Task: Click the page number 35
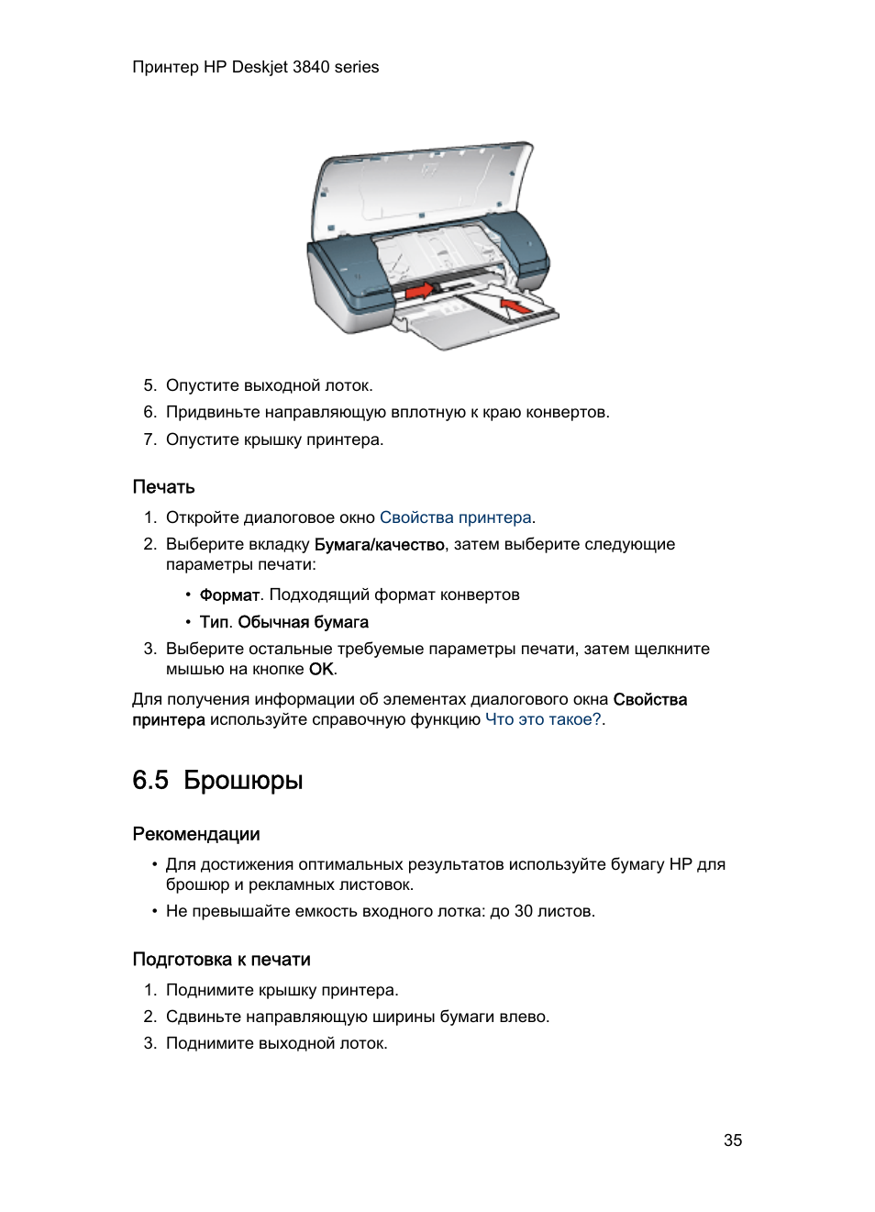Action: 732,1140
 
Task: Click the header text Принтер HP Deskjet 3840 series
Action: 255,67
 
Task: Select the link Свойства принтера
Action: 455,517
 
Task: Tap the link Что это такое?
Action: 543,719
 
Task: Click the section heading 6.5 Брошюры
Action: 217,780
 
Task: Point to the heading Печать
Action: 163,487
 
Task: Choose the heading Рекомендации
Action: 195,834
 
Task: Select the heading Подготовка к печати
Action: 221,960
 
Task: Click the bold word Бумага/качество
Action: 379,544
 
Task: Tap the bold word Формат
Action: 229,595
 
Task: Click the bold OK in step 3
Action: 321,669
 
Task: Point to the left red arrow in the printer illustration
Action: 418,291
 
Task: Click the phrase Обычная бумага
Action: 303,622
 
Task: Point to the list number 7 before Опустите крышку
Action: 149,439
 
